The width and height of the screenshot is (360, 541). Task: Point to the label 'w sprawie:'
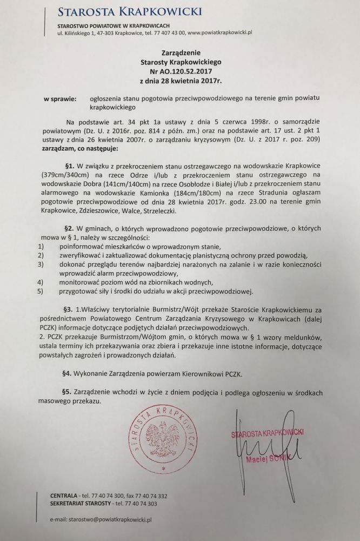click(x=61, y=99)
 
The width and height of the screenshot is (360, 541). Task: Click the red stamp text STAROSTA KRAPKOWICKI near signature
click(x=267, y=433)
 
